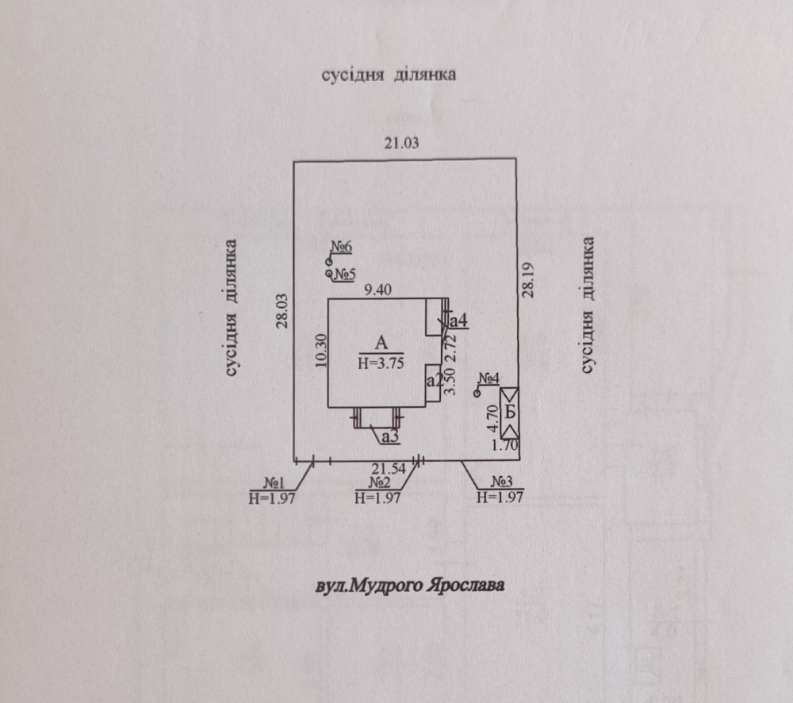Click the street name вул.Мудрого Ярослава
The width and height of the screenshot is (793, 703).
[x=410, y=586]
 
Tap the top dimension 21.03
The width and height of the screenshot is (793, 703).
[x=401, y=143]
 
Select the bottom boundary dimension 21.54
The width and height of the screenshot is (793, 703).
[x=389, y=469]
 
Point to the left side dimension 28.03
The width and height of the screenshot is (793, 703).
[x=282, y=311]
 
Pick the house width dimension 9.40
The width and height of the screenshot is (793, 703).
[x=377, y=290]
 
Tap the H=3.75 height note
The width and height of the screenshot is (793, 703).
[x=381, y=363]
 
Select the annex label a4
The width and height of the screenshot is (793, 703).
[x=458, y=321]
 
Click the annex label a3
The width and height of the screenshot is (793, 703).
[x=390, y=436]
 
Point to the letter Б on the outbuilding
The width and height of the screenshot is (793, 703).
[x=510, y=413]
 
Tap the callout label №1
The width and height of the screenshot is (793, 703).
[x=274, y=483]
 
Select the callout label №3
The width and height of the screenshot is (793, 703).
[x=502, y=482]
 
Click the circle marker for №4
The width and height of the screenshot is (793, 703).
[x=477, y=394]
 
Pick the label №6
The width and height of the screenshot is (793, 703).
[x=341, y=248]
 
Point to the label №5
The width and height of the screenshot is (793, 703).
[x=345, y=275]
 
